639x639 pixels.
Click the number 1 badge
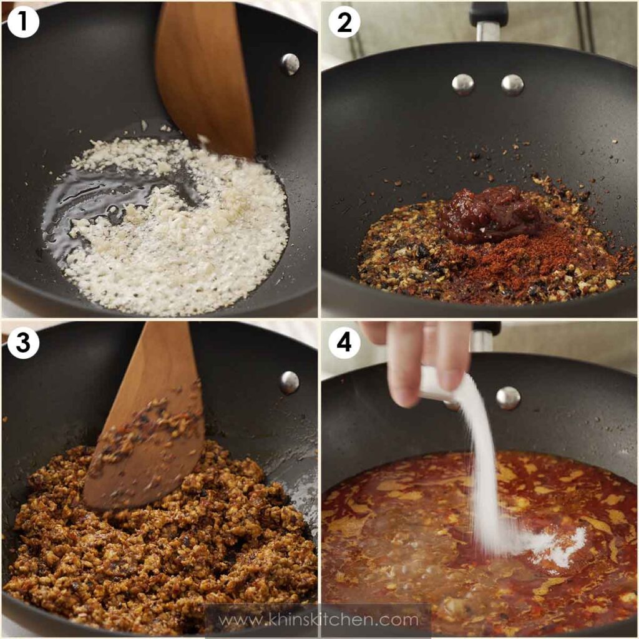pyautogui.click(x=22, y=22)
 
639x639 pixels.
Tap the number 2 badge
pyautogui.click(x=344, y=22)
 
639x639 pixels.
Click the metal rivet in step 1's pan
pyautogui.click(x=290, y=63)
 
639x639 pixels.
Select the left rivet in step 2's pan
pyautogui.click(x=462, y=84)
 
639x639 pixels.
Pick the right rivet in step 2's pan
pyautogui.click(x=512, y=84)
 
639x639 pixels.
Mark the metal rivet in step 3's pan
pyautogui.click(x=289, y=382)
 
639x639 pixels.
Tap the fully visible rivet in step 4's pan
pyautogui.click(x=508, y=398)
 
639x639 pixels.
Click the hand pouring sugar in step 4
pyautogui.click(x=418, y=356)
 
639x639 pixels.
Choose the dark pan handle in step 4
pyautogui.click(x=485, y=337)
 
